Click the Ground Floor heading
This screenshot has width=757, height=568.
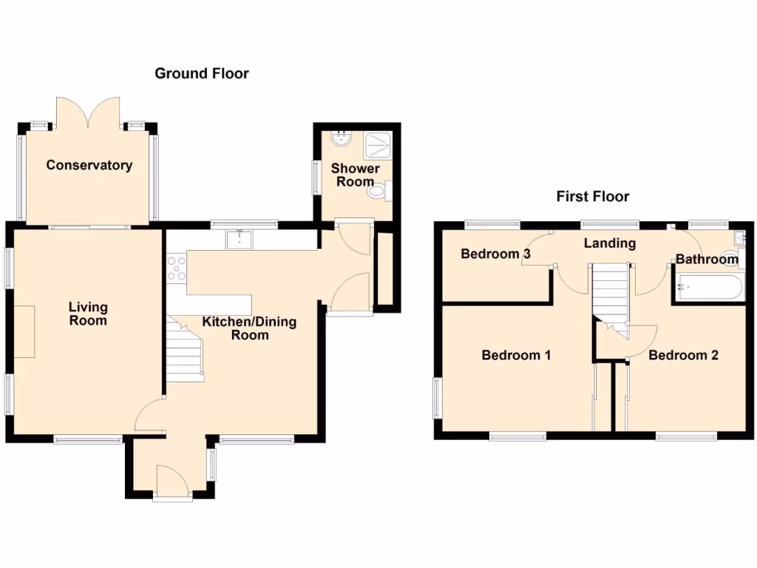201,73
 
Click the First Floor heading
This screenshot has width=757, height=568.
592,196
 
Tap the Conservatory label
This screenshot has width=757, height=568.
89,165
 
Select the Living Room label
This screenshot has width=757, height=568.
88,314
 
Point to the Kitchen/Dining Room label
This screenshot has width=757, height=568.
249,328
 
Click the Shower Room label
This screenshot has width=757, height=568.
355,175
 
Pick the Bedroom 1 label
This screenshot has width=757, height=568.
516,355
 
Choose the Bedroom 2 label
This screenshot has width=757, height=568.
683,355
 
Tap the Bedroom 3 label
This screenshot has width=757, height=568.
495,254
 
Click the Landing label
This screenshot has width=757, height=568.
609,243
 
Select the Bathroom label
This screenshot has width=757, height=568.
706,260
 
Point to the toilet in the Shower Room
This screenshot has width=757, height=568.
378,192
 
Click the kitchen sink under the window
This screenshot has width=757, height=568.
240,239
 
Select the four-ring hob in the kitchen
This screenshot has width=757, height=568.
177,268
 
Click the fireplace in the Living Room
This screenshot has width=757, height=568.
24,331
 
